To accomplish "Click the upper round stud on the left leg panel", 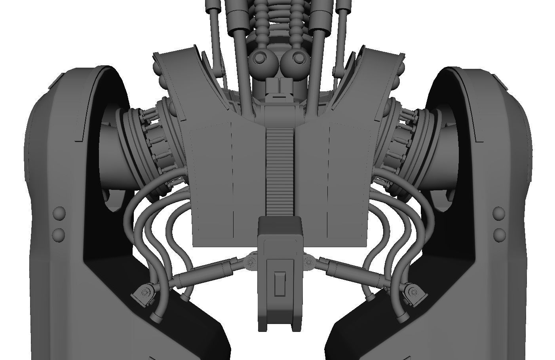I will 59,214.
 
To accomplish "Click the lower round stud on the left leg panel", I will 59,234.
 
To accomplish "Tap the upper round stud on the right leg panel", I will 500,214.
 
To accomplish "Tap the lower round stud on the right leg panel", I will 500,235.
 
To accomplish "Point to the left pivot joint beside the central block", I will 250,262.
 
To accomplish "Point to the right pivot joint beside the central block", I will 309,261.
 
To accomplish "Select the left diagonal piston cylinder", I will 206,272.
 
